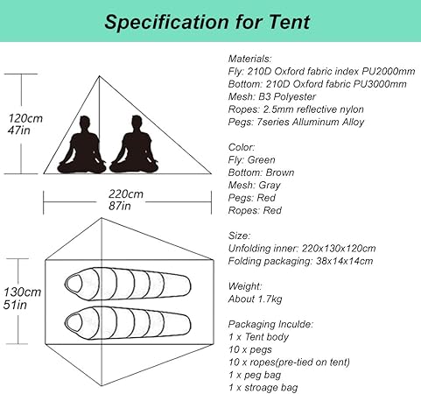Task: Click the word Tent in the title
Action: point(289,22)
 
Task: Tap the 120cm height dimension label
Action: point(25,118)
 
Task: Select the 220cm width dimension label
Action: point(126,193)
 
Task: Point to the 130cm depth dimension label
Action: point(22,292)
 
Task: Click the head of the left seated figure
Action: point(85,123)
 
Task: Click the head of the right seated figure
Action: point(137,123)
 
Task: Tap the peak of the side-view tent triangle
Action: point(100,76)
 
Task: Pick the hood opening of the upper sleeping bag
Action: point(74,284)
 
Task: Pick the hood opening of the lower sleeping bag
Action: point(74,323)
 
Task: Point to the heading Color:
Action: point(242,147)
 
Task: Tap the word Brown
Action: point(280,172)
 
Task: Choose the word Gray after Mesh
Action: point(270,186)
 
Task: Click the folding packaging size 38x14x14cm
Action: point(344,261)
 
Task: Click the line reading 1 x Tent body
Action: point(259,337)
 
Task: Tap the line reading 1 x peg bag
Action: point(255,375)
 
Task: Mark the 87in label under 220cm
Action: point(120,206)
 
